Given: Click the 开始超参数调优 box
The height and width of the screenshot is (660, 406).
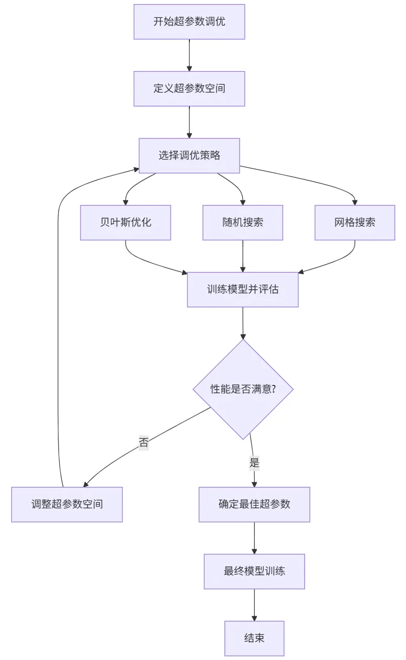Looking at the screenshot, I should click(189, 22).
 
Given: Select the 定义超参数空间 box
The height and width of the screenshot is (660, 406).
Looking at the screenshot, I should click(189, 88).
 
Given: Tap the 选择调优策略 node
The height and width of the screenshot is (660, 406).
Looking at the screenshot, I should click(189, 155).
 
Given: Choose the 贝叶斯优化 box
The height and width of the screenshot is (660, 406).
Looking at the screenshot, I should click(126, 222).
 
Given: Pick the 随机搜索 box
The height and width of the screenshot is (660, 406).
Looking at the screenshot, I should click(243, 222).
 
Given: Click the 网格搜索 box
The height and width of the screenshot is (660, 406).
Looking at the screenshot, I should click(355, 222).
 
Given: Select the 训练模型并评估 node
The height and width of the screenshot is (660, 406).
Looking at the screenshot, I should click(243, 289).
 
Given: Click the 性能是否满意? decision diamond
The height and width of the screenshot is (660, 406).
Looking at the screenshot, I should click(243, 389).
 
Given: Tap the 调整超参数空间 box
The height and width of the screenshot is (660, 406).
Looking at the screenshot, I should click(67, 504).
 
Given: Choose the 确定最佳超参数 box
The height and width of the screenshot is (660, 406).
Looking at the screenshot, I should click(254, 504).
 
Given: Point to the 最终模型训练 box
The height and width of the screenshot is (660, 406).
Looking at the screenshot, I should click(254, 571).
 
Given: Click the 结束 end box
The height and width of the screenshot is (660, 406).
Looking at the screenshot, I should click(254, 638).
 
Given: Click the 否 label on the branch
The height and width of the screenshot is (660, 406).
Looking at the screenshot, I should click(143, 442).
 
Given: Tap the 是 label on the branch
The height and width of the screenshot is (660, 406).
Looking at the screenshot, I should click(254, 463).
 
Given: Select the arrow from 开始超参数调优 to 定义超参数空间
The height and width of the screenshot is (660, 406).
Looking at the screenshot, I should click(189, 55).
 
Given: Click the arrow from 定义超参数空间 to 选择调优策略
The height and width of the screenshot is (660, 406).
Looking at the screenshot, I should click(189, 122).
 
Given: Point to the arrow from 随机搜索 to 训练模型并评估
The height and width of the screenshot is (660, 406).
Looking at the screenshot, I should click(243, 256).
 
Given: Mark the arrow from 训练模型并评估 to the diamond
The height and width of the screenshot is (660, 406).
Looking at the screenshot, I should click(243, 323).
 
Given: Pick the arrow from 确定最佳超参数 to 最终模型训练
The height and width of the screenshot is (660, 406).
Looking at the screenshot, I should click(254, 538).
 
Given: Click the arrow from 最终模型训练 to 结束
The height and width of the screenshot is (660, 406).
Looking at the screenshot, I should click(254, 605).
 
